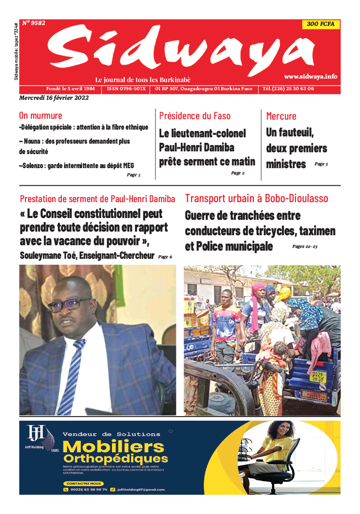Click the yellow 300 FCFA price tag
click(x=321, y=24)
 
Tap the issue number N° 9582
click(x=34, y=23)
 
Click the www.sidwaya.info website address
click(x=311, y=77)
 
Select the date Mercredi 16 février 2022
click(x=54, y=97)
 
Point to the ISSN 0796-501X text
click(x=126, y=89)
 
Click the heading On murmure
click(x=40, y=116)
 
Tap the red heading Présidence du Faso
click(x=195, y=116)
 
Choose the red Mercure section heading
click(x=281, y=116)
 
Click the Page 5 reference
click(x=133, y=175)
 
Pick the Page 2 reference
click(x=238, y=173)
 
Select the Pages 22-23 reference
click(x=305, y=247)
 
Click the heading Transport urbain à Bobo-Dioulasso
click(x=256, y=199)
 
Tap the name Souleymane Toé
click(x=48, y=256)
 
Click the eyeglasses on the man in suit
click(x=70, y=304)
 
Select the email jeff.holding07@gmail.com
click(x=141, y=490)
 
